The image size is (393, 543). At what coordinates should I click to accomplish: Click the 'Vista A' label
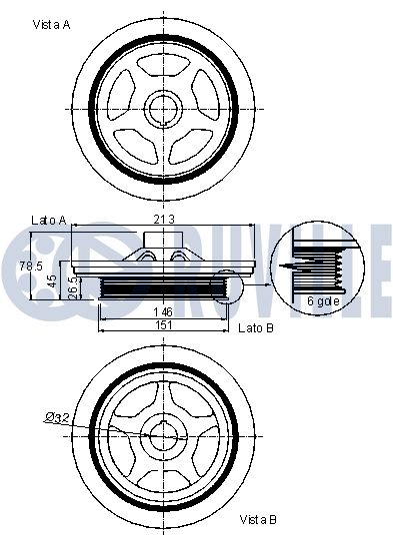51,25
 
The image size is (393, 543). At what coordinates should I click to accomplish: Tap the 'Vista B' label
258,519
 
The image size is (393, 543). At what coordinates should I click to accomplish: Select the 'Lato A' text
49,221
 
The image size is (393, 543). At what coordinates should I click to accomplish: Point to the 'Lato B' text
256,328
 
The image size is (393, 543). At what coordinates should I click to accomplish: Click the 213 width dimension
164,220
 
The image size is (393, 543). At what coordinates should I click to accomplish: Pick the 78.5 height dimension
31,266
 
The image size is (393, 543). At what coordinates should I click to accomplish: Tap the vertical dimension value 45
53,280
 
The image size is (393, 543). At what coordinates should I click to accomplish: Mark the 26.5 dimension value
74,287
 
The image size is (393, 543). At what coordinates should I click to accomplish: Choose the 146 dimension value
163,312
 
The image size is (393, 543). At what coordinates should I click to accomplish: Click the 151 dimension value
164,325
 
